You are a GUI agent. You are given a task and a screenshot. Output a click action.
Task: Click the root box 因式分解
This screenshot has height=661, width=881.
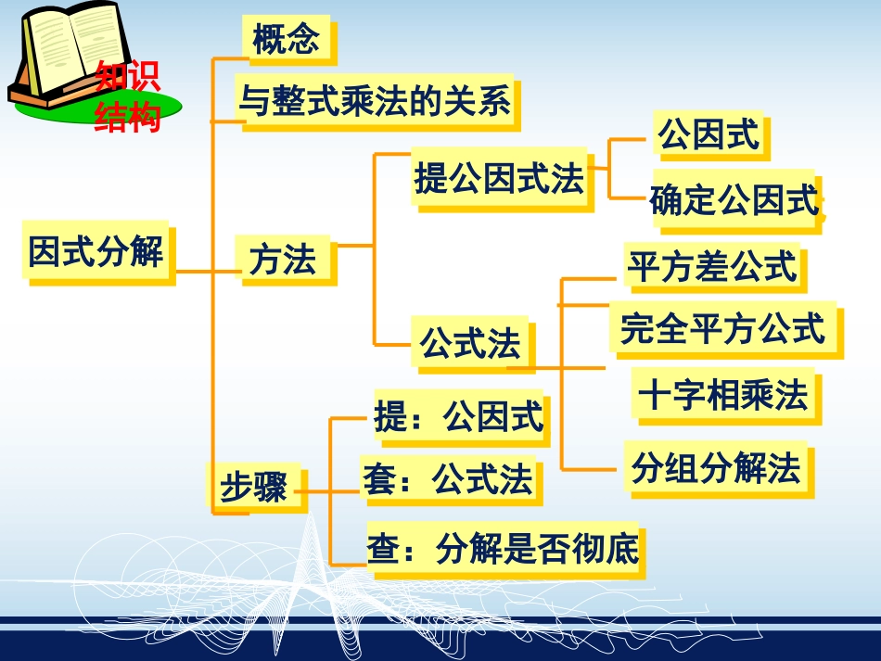click(96, 250)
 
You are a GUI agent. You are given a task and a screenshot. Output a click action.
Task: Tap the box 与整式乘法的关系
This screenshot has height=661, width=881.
click(375, 100)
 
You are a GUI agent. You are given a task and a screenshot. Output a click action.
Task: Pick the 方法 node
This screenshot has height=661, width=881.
click(283, 260)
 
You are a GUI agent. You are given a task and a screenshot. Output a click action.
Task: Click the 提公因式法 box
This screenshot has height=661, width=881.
click(500, 179)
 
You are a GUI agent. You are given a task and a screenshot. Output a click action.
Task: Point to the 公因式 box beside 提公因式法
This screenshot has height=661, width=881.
click(709, 134)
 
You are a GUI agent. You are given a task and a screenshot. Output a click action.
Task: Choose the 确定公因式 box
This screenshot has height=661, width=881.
click(734, 200)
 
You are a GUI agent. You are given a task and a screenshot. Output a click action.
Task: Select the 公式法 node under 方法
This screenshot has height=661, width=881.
click(471, 345)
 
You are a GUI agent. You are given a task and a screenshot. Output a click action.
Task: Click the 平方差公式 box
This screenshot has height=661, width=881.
click(712, 267)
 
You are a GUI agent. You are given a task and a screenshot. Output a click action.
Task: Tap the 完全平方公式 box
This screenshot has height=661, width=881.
click(724, 328)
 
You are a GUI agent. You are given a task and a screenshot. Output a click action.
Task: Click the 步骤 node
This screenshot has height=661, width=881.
click(253, 486)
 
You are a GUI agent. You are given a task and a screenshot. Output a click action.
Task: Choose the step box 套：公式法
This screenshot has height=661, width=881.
click(449, 480)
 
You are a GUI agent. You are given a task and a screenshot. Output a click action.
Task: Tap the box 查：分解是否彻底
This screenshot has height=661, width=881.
click(503, 550)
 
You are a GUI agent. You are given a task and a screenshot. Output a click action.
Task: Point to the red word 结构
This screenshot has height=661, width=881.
click(128, 118)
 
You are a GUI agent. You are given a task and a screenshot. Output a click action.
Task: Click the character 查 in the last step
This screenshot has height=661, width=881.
click(382, 550)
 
